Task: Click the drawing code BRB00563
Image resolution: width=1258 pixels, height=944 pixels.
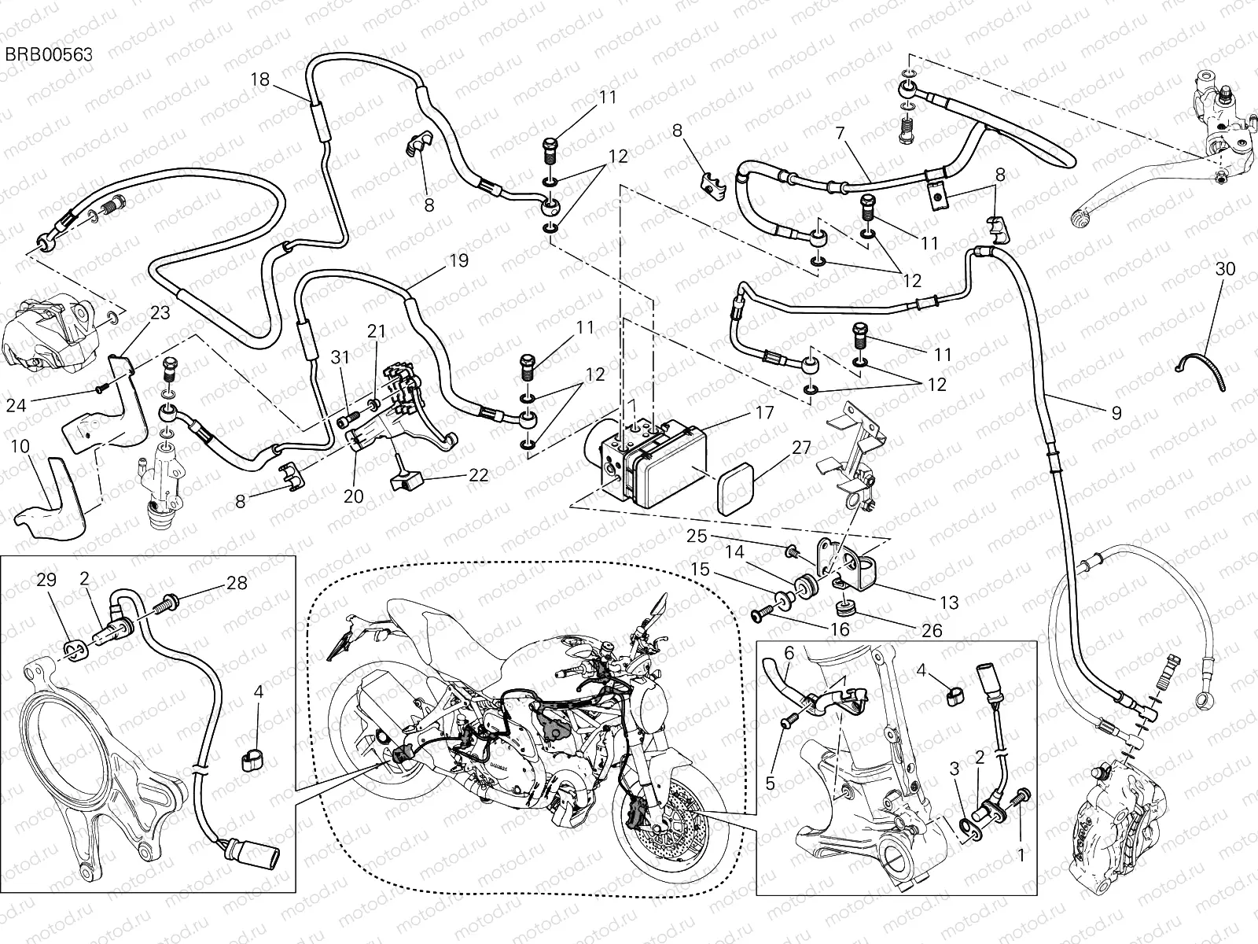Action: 50,54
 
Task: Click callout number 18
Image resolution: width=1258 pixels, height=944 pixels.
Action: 260,79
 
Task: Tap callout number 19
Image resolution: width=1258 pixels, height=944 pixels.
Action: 459,260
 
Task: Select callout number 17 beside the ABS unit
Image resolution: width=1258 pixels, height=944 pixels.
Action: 763,412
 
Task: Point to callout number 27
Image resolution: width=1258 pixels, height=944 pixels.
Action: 801,448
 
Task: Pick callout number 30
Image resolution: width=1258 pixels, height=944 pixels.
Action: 1225,269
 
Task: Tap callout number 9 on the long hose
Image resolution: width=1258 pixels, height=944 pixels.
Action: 1116,412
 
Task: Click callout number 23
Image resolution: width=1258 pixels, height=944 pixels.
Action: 160,312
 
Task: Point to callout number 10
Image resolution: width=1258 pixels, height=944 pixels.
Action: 20,447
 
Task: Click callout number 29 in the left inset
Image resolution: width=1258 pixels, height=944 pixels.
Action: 46,581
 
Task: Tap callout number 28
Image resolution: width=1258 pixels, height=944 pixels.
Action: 237,583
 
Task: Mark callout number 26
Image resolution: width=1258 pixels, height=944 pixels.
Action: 932,630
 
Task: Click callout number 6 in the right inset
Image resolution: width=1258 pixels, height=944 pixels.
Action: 789,652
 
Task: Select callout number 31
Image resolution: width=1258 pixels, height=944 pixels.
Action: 339,357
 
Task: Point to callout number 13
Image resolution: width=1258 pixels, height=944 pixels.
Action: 949,603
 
